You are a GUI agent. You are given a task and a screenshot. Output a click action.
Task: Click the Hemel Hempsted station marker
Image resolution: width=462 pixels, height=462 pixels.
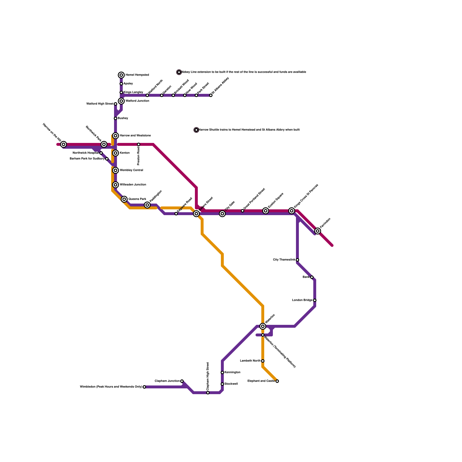point(121,75)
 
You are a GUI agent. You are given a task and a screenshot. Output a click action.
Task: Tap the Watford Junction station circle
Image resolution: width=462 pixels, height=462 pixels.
point(121,101)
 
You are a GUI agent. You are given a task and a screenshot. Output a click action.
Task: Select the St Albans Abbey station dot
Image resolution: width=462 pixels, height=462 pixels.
point(211,95)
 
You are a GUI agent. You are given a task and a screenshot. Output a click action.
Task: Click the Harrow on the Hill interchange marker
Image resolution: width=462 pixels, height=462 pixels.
point(64,144)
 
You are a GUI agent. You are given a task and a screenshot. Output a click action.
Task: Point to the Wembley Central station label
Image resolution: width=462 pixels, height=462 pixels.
point(131,170)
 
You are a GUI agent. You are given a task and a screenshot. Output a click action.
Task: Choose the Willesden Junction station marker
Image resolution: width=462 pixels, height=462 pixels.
point(115,185)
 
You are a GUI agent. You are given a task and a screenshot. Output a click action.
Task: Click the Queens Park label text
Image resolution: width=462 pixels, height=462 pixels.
point(137,199)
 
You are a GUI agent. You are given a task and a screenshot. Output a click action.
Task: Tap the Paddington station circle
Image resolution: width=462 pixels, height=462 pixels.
point(147,205)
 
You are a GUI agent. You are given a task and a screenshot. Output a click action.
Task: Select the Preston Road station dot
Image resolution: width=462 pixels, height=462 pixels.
point(139,144)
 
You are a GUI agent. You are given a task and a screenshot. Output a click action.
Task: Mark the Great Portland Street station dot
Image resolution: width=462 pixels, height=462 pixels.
point(243,211)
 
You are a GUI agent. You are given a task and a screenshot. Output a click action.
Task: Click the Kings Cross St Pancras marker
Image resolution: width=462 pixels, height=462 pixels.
point(292,211)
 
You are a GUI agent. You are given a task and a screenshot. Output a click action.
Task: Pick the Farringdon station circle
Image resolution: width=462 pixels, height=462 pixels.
point(318,231)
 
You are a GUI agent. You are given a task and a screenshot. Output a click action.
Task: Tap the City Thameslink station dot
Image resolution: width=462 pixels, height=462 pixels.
point(297,260)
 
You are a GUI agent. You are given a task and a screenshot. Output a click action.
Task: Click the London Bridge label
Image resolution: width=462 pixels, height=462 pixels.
point(302,300)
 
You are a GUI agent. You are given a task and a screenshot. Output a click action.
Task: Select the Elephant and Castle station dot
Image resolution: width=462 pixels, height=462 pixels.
point(277,381)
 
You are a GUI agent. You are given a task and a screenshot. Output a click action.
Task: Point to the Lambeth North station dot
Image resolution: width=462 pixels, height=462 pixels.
point(263,361)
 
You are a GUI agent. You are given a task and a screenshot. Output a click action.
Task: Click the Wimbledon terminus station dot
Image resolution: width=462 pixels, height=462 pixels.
point(144,387)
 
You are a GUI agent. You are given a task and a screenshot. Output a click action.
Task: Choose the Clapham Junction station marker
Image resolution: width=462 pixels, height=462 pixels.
point(182,381)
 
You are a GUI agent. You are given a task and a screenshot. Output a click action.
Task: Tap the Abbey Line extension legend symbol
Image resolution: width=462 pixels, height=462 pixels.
point(179,72)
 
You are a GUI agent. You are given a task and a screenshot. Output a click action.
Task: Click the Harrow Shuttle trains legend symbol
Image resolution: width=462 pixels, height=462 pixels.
point(196,130)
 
